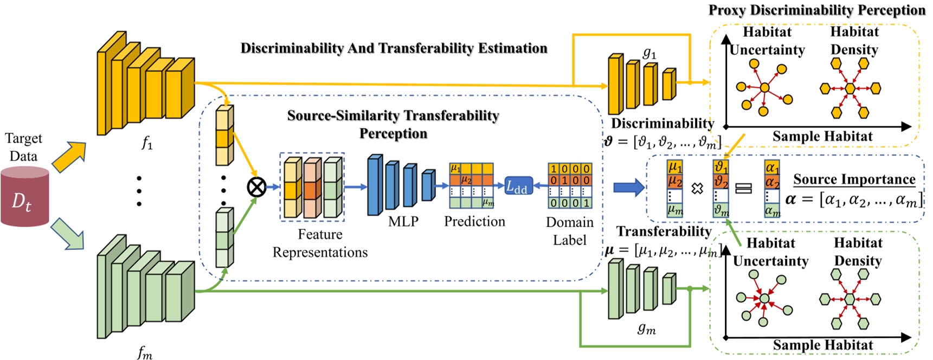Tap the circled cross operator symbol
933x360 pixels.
(256, 187)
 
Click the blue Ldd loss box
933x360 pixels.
(518, 187)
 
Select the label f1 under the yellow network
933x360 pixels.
(146, 143)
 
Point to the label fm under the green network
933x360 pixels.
(144, 353)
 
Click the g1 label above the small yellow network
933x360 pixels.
(649, 53)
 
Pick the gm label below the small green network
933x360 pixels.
(646, 328)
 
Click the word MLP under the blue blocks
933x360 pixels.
(403, 221)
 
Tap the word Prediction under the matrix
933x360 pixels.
(474, 221)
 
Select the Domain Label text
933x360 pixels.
(569, 231)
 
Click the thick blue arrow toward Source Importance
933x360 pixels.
(628, 188)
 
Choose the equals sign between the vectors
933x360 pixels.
(743, 188)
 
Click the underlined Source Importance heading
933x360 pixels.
(854, 179)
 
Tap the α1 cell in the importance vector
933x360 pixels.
(772, 167)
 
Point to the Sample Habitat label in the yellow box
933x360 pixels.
(822, 136)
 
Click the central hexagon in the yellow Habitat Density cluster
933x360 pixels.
(850, 88)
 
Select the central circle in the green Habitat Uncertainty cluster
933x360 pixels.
(764, 298)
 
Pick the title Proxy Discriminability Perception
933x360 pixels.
(816, 10)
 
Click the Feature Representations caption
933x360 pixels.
(320, 243)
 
